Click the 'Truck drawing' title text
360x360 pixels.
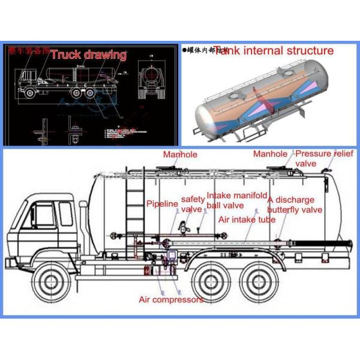pyautogui.click(x=88, y=55)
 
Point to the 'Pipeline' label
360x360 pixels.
pyautogui.click(x=163, y=204)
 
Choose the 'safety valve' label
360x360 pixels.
pyautogui.click(x=192, y=205)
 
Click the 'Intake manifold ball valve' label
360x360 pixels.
pyautogui.click(x=236, y=200)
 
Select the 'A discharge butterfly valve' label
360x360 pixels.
pyautogui.click(x=295, y=205)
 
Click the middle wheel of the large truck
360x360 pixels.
pyautogui.click(x=212, y=282)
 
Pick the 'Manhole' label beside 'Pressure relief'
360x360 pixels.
pyautogui.click(x=269, y=154)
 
